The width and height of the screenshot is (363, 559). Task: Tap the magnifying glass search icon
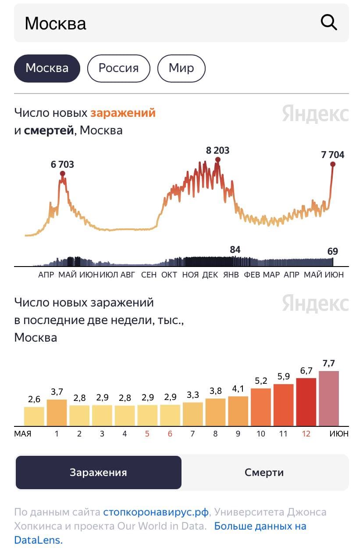point(329,22)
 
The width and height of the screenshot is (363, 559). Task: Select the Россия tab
point(118,68)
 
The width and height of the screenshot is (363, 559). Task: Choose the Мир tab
point(181,68)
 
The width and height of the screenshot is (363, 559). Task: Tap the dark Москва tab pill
point(47,68)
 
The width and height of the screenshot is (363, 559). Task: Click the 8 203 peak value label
point(217,151)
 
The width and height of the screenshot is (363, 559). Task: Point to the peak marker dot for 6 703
point(63,173)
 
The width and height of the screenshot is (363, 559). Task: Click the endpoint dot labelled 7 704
point(333,164)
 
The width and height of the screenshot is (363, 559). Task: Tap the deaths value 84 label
point(235,250)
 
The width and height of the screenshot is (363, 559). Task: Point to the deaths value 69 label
point(333,252)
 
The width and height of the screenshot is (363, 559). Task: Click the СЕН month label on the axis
point(149,275)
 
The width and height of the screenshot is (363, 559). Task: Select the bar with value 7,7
point(329,398)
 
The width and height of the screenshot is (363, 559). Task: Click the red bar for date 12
point(306,402)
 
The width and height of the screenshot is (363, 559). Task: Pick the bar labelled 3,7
point(57,412)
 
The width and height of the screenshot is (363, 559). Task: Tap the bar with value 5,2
point(261,407)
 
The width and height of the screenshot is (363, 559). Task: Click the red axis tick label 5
point(147,434)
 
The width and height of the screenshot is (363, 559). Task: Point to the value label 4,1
point(238,389)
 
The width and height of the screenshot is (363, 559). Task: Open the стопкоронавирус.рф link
point(156,512)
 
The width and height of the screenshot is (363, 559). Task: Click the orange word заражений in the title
point(123,113)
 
